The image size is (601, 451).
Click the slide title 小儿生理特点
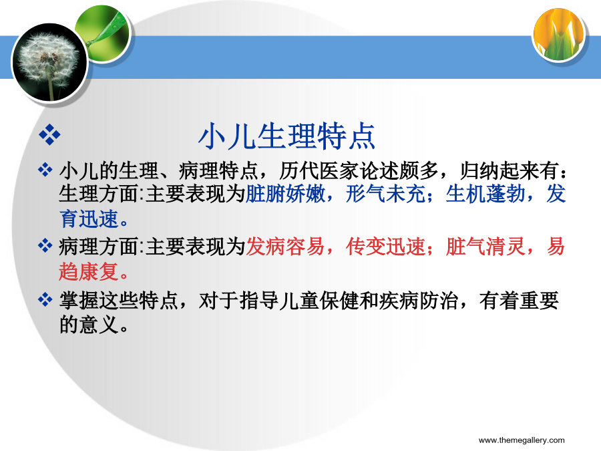coord(286,136)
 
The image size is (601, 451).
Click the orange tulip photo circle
coord(559,35)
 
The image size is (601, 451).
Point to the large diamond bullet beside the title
coord(49,134)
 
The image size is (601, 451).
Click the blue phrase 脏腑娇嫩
coord(286,194)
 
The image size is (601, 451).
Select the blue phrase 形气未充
coord(385,194)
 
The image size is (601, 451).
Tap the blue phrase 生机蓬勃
coord(485,194)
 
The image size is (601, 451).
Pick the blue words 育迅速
coord(89,219)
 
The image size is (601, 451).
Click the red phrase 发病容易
coord(286,246)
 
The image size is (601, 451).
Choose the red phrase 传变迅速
coord(385,246)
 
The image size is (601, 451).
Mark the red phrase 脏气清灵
coord(485,246)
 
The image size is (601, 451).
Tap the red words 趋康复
coord(89,272)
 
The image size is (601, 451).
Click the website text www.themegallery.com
coord(522,440)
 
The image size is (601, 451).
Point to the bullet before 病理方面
coord(45,245)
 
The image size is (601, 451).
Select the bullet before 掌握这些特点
coord(45,299)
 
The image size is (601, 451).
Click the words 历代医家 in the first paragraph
coord(319,170)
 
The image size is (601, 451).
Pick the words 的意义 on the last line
coord(89,325)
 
